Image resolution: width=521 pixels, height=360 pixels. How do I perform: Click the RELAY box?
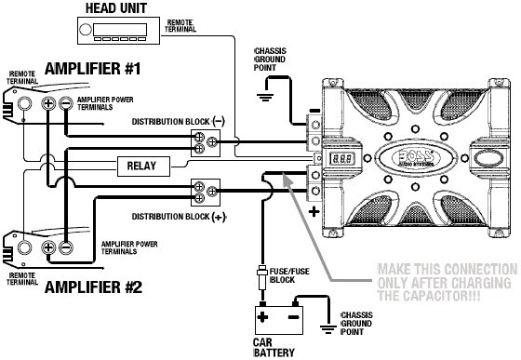(143, 167)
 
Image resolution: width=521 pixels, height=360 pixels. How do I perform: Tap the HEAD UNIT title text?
(116, 8)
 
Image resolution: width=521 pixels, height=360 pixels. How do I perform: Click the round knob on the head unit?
(86, 30)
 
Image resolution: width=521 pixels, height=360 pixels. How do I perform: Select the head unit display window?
(120, 30)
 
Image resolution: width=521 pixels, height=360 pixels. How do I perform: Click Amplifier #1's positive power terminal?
(48, 103)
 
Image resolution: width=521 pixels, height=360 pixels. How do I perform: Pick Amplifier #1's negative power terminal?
(66, 103)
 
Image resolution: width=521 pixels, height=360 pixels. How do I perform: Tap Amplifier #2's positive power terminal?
(48, 247)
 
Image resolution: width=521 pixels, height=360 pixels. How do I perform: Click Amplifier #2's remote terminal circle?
(24, 247)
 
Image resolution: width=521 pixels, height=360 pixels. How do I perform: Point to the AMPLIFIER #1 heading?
(93, 69)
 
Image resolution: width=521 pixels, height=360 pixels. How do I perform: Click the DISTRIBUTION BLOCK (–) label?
(179, 122)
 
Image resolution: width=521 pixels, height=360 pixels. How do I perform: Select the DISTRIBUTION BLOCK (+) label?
(179, 217)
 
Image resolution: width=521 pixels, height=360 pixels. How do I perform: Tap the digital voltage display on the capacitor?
(341, 158)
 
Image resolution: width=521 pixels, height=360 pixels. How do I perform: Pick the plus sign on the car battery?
(262, 317)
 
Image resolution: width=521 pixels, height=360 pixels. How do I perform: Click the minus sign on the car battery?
(293, 317)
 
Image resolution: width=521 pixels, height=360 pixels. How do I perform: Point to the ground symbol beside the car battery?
(328, 329)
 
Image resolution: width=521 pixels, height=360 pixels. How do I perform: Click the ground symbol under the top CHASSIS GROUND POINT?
(265, 98)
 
